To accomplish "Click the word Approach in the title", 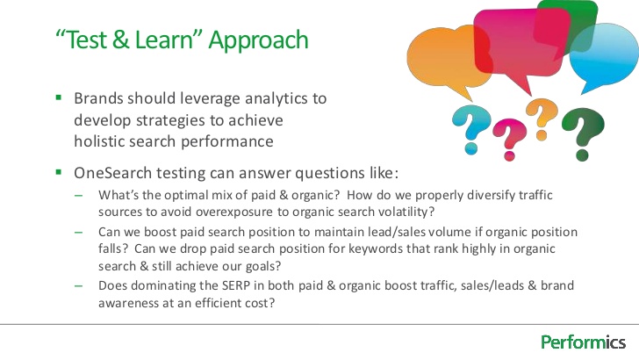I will pos(262,40).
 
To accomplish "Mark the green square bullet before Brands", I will pos(59,98).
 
